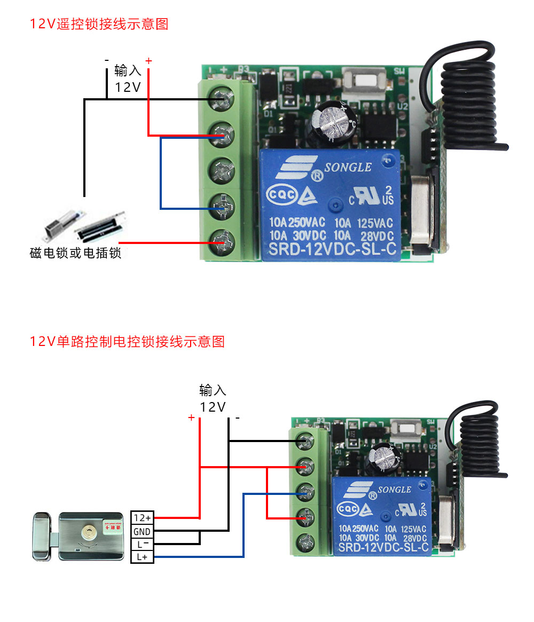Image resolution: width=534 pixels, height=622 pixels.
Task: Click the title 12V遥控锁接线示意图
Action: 99,24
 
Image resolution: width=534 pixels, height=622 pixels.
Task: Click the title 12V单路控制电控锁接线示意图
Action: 127,341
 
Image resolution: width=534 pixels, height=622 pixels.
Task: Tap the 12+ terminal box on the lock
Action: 142,518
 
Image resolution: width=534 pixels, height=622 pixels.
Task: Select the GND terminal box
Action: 142,531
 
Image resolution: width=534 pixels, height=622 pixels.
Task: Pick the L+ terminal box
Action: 142,557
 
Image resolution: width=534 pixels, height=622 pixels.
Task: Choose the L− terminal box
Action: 142,544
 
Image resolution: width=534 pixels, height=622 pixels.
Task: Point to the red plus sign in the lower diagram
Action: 191,417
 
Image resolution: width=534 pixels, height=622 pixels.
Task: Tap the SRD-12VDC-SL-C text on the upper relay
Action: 331,248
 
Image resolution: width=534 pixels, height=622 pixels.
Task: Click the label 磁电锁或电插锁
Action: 75,253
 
